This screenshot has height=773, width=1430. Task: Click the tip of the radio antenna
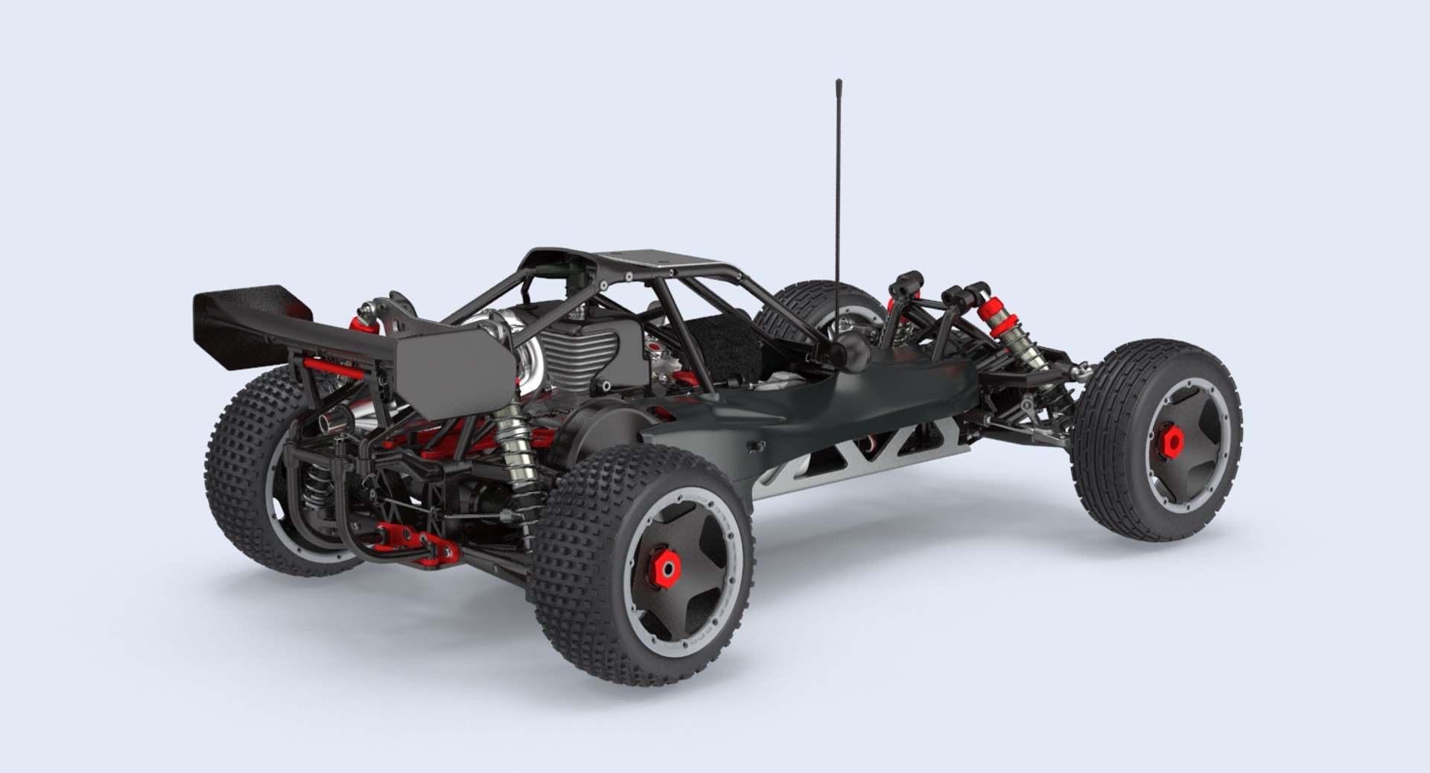coord(839,81)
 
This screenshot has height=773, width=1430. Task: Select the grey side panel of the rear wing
coord(454,372)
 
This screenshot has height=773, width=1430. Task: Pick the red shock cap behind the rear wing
coord(360,322)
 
